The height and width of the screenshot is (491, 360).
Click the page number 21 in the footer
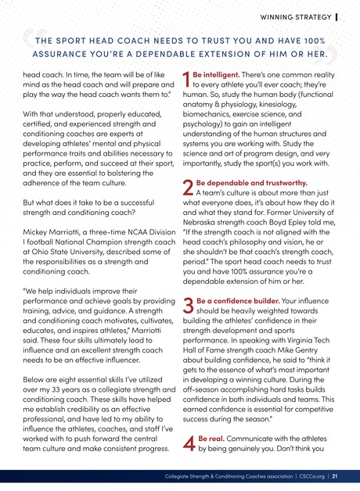(334, 475)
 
